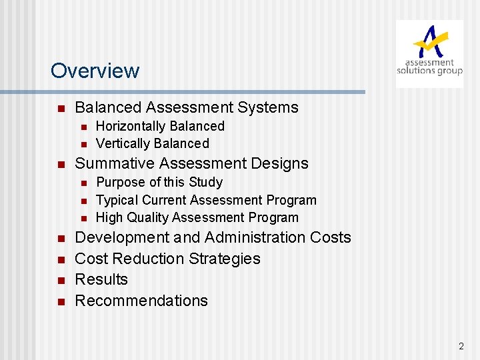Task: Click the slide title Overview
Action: tap(95, 71)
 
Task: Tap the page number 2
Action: tap(461, 346)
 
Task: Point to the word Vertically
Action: tap(123, 143)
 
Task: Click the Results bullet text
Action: tap(101, 279)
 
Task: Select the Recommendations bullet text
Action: tap(141, 301)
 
